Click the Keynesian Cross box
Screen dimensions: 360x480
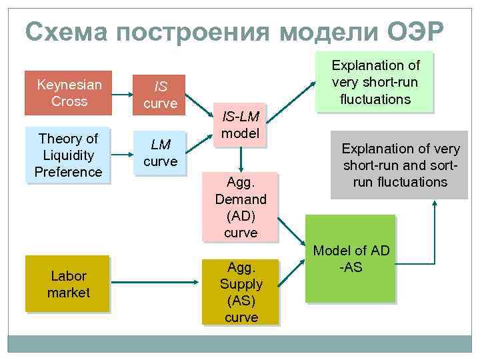(x=69, y=93)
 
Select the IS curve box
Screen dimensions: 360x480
(x=160, y=95)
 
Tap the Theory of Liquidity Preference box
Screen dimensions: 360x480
(x=69, y=155)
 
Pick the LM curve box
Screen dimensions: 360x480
(x=160, y=153)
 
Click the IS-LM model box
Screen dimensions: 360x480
(x=240, y=125)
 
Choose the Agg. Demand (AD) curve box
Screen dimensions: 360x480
(x=241, y=207)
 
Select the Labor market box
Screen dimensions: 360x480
(x=68, y=283)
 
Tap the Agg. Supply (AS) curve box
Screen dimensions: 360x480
(x=241, y=292)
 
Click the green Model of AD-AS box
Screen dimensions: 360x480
(x=350, y=259)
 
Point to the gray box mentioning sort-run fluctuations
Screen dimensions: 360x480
(x=399, y=164)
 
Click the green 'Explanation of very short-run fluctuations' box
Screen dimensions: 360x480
(x=375, y=82)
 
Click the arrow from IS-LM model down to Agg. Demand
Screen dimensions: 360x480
(x=241, y=158)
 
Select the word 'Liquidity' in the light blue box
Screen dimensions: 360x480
(x=68, y=155)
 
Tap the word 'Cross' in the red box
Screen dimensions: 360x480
(x=69, y=101)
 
